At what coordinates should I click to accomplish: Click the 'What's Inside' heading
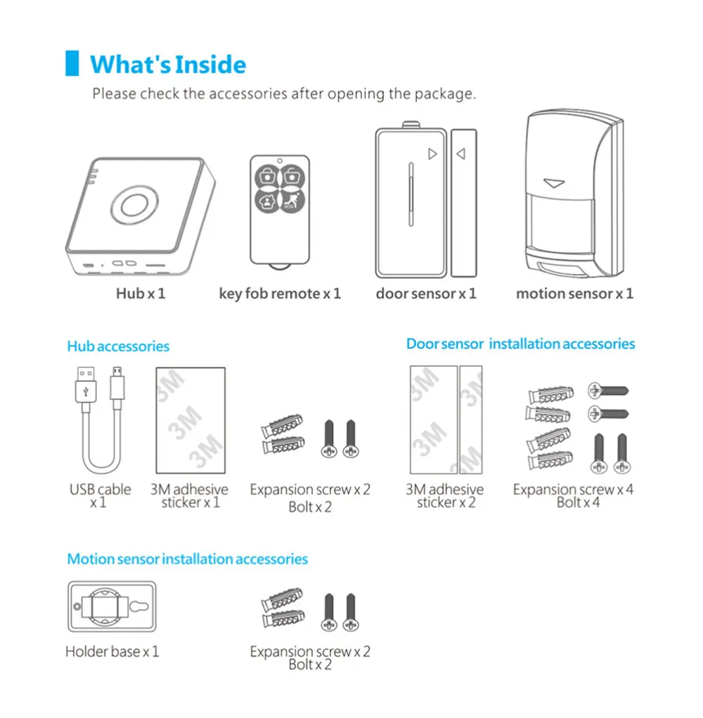point(168,65)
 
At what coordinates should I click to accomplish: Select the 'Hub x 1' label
point(140,294)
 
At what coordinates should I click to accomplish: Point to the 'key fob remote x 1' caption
point(280,294)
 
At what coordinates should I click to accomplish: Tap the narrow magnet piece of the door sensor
point(463,202)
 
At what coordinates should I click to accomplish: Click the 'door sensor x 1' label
point(426,294)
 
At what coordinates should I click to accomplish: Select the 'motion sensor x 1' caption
point(574,294)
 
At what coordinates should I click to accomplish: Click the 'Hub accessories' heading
point(118,346)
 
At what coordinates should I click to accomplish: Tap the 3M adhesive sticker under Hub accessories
point(189,420)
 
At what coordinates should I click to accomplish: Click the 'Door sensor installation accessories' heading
point(520,344)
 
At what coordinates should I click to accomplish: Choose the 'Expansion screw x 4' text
point(573,490)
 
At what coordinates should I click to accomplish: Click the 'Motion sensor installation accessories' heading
point(188,559)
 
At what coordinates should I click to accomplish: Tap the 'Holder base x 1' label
point(112,652)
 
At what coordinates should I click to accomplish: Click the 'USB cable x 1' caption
point(100,496)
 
